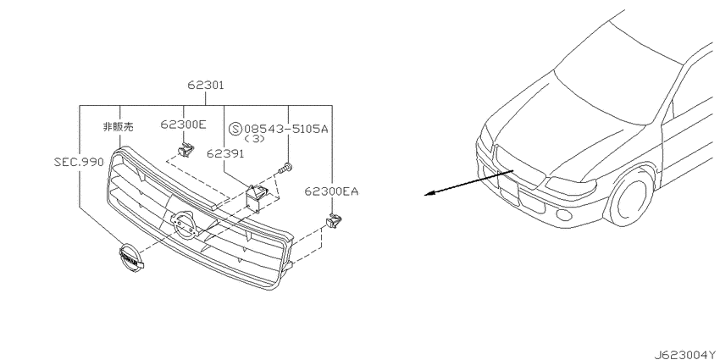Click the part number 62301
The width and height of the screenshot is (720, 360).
tap(205, 86)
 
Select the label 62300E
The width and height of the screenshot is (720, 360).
tap(184, 124)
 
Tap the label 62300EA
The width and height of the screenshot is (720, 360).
tap(331, 191)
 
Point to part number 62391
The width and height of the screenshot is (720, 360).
tap(225, 153)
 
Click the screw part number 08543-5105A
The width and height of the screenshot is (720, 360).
tap(286, 129)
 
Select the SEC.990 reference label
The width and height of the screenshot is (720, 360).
tap(79, 162)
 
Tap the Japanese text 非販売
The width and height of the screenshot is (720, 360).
tap(118, 127)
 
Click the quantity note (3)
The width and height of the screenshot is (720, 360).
tap(254, 139)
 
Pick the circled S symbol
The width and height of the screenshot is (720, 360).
tap(235, 129)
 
